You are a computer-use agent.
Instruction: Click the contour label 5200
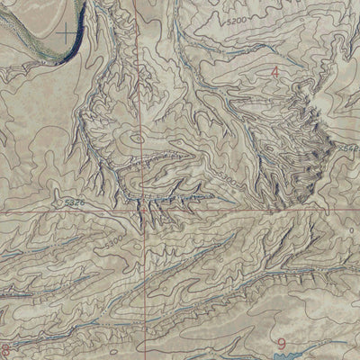click(x=237, y=19)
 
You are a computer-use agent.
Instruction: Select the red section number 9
click(x=283, y=343)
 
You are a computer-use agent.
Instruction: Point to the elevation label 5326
click(x=75, y=205)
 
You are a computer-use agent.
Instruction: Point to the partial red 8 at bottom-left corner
click(x=5, y=349)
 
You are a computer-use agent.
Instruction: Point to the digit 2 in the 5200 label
click(x=233, y=19)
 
